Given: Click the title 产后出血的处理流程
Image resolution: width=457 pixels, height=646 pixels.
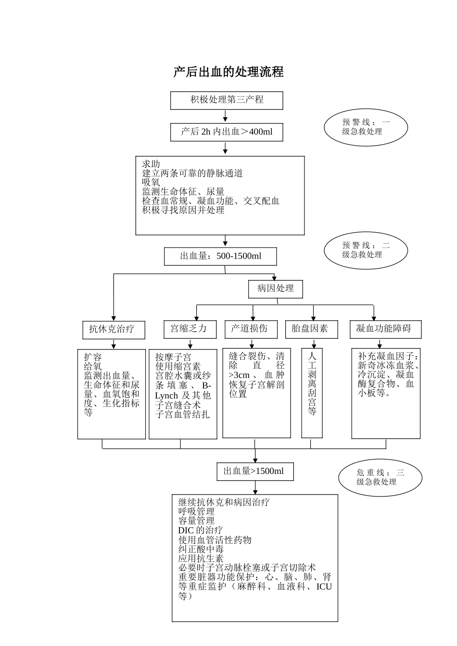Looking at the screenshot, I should point(228,72).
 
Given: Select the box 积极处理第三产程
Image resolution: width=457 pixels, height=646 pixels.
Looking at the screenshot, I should point(227,100).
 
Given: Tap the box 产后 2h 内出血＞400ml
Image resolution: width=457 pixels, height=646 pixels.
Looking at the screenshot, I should point(227,132).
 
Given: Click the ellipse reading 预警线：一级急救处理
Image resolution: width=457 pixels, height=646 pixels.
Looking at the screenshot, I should point(366,127).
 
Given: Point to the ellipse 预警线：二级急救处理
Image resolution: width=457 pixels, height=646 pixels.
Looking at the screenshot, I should point(366,250).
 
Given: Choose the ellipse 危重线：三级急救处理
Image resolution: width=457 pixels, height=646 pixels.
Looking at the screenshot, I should point(380,477).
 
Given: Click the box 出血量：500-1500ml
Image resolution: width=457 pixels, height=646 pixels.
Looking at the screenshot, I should point(220,257).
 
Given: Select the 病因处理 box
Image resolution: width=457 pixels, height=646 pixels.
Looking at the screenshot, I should point(276,289).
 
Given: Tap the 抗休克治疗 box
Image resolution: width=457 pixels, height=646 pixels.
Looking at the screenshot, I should point(112,330).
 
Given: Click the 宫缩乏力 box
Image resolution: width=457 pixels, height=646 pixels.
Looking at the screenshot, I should point(189,329).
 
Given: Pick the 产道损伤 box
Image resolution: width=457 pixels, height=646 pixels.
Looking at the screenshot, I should point(249,329).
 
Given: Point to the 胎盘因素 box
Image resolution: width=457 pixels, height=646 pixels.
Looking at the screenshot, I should point(310,329).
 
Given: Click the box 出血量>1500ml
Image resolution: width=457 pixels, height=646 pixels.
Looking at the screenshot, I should point(254,472).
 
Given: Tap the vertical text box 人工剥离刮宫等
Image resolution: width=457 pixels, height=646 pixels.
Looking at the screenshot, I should point(312,393).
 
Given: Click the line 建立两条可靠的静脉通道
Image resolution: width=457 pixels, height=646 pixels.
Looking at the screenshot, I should point(192,174).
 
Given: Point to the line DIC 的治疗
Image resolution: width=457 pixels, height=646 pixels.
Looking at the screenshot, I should point(200,530).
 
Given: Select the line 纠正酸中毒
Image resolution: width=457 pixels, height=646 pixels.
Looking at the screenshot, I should point(201,549).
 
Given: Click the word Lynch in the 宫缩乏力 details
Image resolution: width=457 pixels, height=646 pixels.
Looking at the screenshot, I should point(166,396).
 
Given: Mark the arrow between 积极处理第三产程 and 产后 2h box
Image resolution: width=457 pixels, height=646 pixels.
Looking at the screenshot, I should point(225,116).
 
